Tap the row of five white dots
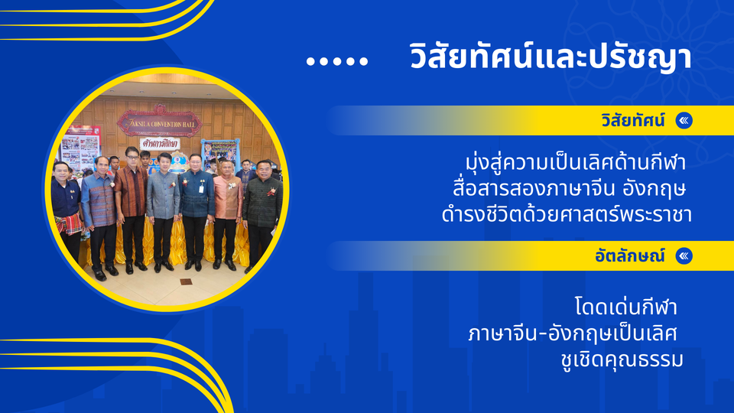click(x=337, y=61)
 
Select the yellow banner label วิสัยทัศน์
click(x=633, y=121)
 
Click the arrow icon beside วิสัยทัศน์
click(x=684, y=121)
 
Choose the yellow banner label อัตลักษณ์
click(x=629, y=255)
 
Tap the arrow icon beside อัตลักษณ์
click(x=684, y=255)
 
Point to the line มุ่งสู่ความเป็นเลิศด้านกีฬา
click(x=575, y=162)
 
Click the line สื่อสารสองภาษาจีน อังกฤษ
click(x=569, y=188)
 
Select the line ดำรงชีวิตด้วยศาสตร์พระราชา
click(x=567, y=214)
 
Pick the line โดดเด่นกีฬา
click(x=626, y=307)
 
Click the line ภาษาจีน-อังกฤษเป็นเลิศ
click(x=573, y=334)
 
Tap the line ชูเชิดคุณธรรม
click(x=622, y=359)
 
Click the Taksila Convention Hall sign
click(x=160, y=123)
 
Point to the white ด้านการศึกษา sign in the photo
click(x=161, y=143)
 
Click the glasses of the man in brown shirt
click(x=132, y=157)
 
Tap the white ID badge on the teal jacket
click(x=201, y=188)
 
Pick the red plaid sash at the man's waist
click(x=68, y=224)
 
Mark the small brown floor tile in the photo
click(x=186, y=281)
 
